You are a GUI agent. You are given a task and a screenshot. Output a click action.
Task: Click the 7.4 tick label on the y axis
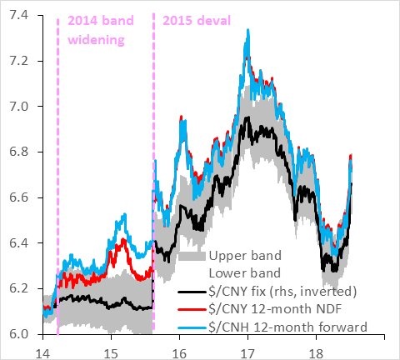click(x=18, y=16)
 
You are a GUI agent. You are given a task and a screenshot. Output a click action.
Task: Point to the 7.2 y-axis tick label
click(x=18, y=61)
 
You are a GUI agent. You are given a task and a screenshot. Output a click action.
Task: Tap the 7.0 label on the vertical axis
click(x=18, y=107)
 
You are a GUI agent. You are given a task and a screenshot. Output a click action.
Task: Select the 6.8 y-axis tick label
click(x=18, y=152)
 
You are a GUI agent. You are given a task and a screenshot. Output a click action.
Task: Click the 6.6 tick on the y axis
click(x=18, y=197)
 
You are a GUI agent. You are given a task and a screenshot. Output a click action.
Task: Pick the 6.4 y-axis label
click(x=18, y=243)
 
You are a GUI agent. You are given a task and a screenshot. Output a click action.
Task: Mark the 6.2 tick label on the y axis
click(x=18, y=289)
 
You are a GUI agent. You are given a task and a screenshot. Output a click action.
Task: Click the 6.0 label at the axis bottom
click(x=18, y=334)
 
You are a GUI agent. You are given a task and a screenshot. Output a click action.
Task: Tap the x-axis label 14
click(x=43, y=354)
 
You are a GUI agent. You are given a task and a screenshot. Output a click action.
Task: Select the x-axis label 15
click(x=111, y=354)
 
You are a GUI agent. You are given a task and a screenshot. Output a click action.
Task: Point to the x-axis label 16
click(x=179, y=354)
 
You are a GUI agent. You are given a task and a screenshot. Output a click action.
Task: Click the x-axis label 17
click(x=247, y=354)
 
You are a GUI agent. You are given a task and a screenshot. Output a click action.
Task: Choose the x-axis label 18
click(x=316, y=354)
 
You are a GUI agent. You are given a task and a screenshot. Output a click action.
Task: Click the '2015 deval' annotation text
click(x=197, y=21)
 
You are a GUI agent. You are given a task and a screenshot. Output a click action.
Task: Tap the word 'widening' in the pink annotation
click(x=96, y=40)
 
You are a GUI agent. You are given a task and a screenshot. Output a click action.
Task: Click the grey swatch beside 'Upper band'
click(x=192, y=256)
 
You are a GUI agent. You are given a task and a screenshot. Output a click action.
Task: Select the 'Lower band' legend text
click(x=245, y=273)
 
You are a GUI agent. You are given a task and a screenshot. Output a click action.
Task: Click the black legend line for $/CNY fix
click(x=192, y=292)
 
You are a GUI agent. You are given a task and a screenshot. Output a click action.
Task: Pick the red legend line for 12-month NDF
click(x=192, y=310)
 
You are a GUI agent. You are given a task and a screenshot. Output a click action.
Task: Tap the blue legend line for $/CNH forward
click(x=192, y=327)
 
